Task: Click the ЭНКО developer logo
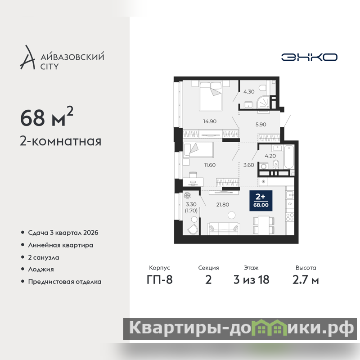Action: tap(309, 57)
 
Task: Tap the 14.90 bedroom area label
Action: tap(210, 121)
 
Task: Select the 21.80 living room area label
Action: tap(223, 205)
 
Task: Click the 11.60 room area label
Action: tap(210, 165)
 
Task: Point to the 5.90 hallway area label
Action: tap(261, 125)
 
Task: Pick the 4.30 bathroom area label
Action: tap(249, 92)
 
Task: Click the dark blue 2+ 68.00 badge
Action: tap(261, 201)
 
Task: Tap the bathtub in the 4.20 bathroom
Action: tap(289, 157)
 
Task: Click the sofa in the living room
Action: tap(224, 229)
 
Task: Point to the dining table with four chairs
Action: tap(264, 225)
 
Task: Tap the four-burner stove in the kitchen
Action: tap(290, 217)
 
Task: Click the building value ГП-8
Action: tap(160, 280)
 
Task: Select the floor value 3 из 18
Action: tap(252, 280)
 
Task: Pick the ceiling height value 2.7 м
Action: tap(306, 280)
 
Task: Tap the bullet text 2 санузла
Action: tap(44, 257)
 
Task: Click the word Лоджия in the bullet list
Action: tap(41, 269)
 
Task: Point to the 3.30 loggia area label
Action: tap(191, 204)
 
